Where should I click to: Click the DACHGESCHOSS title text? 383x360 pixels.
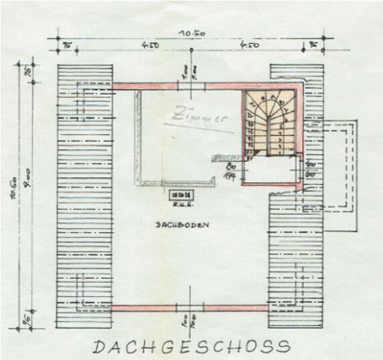click(191, 347)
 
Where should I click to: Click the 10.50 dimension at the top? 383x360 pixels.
click(191, 33)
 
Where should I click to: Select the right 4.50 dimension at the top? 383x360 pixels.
click(250, 46)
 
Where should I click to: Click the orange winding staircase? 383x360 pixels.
click(269, 122)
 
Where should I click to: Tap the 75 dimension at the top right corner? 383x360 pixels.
click(313, 46)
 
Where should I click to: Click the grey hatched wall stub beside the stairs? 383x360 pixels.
click(224, 157)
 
